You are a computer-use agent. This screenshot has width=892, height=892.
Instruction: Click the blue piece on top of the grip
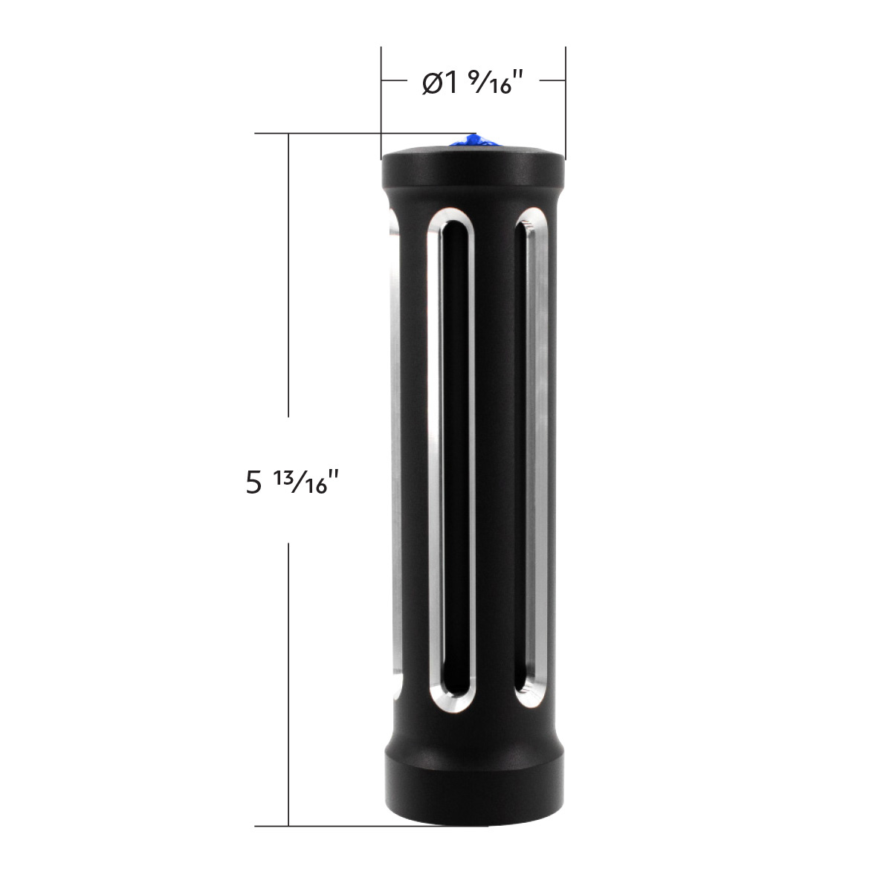click(474, 140)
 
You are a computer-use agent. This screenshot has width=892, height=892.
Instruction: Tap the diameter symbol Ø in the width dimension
click(431, 83)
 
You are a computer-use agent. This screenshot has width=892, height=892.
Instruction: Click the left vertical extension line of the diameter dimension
click(381, 89)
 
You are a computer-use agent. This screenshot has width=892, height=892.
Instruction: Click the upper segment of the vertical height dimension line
click(288, 275)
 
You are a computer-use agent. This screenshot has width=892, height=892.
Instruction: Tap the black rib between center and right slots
click(496, 461)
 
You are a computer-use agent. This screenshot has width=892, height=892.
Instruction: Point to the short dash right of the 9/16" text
click(548, 79)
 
